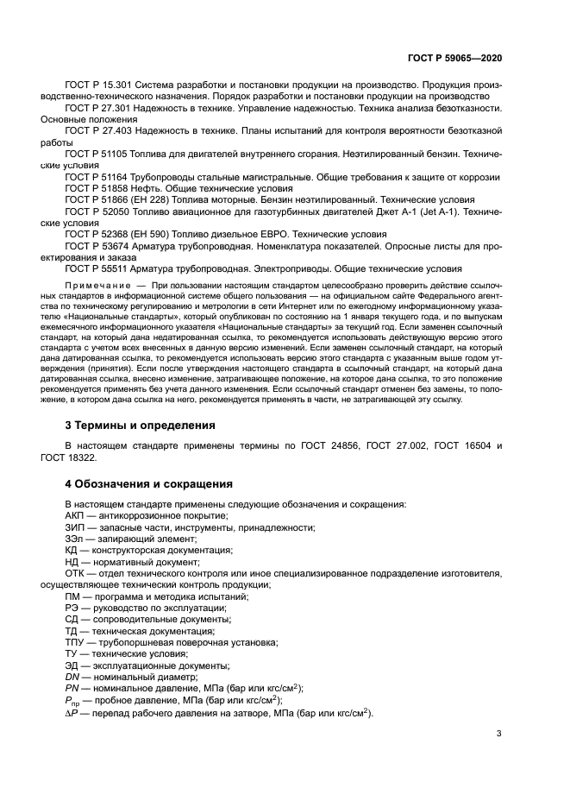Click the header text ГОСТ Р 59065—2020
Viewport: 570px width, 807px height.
point(454,57)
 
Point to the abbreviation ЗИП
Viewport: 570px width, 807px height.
point(75,527)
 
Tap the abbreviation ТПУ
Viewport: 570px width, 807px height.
point(76,642)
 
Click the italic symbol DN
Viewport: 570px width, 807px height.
point(72,678)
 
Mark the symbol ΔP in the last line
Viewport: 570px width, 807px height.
point(72,713)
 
